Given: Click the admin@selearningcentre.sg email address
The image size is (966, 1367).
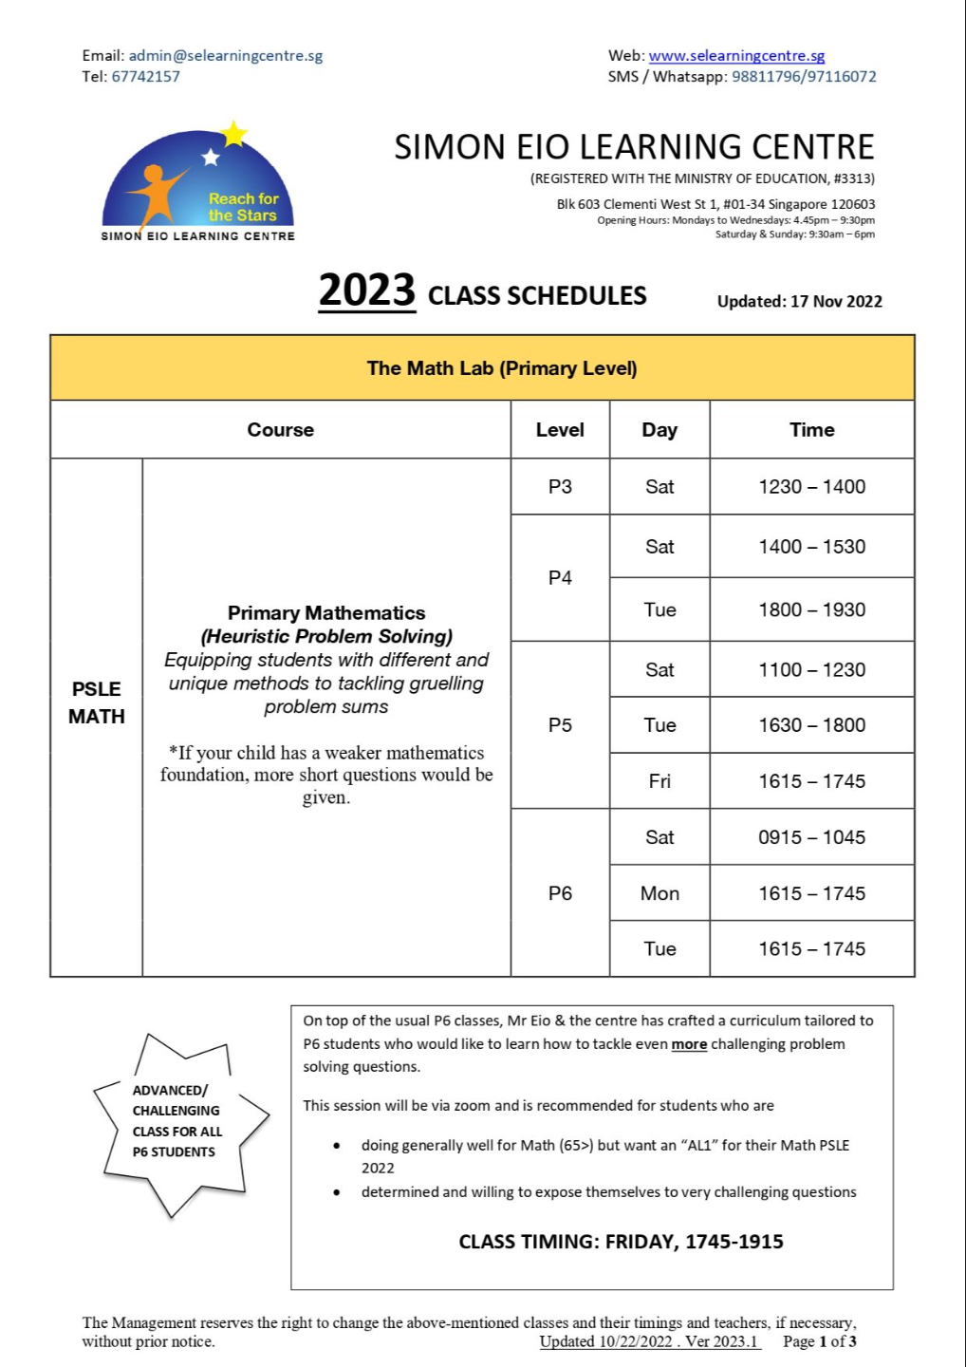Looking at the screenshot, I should pos(226,55).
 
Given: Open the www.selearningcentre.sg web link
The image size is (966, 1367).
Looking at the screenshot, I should pos(736,55).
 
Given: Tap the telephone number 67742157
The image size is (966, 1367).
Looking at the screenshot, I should pos(145,77).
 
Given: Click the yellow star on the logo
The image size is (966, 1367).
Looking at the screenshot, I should pos(233,134).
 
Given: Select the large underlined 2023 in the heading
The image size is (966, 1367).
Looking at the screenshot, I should pos(366,290).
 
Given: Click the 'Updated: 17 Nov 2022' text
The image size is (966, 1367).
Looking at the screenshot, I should pos(799,301).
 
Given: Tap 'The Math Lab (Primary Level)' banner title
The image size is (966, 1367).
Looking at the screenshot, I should pos(502,368).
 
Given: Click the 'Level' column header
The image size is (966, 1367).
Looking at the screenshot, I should pos(560,430).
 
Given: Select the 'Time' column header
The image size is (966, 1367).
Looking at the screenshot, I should pos(811,430).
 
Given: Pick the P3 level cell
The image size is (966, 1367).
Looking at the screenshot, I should pos(560,487).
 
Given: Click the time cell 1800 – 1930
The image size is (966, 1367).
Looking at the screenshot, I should pos(811,609).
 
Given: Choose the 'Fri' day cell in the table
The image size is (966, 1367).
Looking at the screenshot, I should pos(659,781).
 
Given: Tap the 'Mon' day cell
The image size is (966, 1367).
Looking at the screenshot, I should pos(659,893).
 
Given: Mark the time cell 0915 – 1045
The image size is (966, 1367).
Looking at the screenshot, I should pos(811,837).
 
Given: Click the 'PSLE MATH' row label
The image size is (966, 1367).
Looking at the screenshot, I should pos(97,702).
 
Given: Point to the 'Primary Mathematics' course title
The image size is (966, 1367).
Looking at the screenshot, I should pos(326,613).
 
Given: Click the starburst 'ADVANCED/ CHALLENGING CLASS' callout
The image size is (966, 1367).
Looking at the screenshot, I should pos(176,1121).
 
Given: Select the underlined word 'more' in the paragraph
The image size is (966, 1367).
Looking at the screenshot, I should pos(689,1044).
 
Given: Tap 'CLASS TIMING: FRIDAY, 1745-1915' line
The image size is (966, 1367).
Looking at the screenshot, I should pos(621,1242).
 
